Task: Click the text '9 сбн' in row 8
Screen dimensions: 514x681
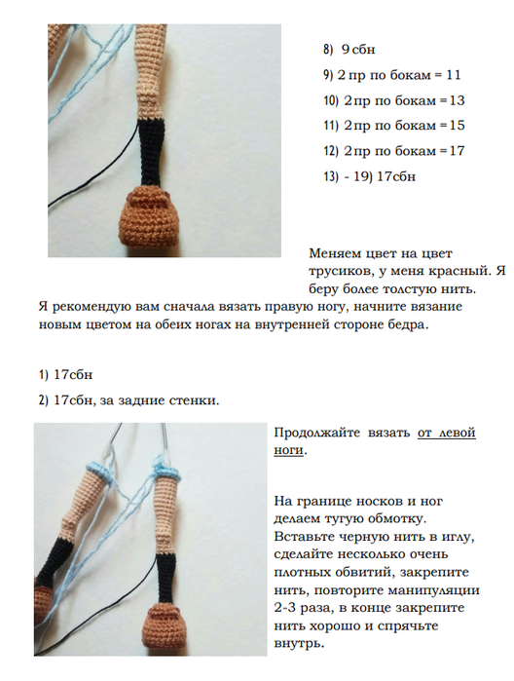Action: tap(358, 50)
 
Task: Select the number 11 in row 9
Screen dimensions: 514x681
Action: tap(454, 75)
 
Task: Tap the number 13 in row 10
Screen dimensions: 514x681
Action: tap(457, 100)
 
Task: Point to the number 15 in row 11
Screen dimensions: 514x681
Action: tap(457, 126)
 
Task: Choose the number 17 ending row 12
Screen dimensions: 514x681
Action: tap(457, 151)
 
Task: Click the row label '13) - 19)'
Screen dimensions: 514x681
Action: tap(349, 176)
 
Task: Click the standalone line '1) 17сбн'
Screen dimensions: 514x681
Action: tap(65, 375)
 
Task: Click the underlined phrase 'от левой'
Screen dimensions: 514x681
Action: tap(446, 433)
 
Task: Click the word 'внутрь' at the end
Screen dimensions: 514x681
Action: tap(299, 644)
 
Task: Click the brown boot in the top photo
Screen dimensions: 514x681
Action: tap(149, 215)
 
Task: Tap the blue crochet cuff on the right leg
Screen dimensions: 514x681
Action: tap(167, 471)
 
